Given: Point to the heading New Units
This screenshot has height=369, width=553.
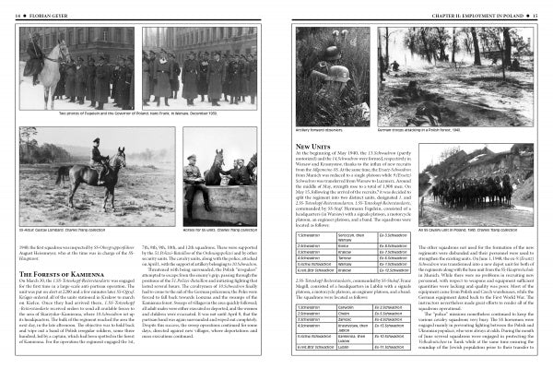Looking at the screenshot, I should [x=314, y=147].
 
